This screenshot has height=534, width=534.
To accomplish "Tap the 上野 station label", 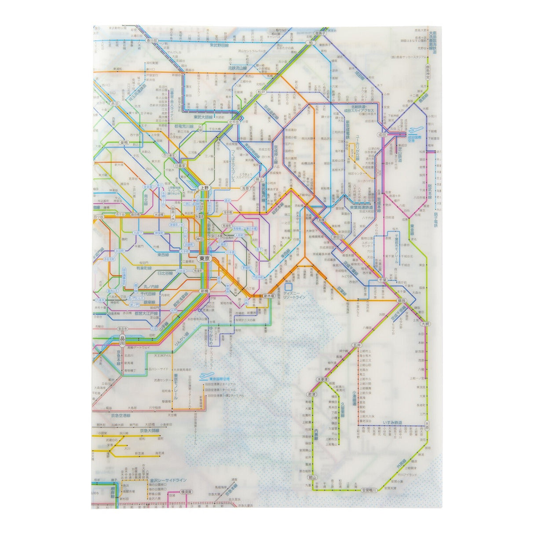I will point(204,188).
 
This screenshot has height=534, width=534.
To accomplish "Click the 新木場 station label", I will point(268,296).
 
